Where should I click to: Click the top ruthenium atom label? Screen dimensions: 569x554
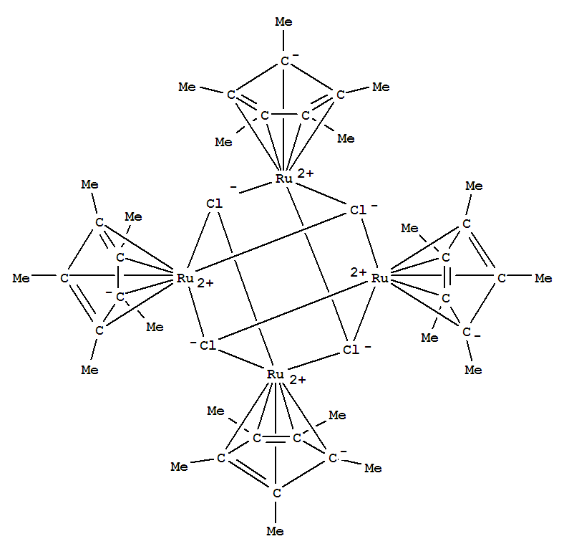pyautogui.click(x=283, y=178)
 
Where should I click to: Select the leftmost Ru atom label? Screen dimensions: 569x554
pyautogui.click(x=185, y=278)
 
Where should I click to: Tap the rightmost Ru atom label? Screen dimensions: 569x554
pyautogui.click(x=380, y=278)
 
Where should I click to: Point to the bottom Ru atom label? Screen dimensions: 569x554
pyautogui.click(x=275, y=374)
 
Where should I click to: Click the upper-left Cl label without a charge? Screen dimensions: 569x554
pyautogui.click(x=214, y=204)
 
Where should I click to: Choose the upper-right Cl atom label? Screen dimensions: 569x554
pyautogui.click(x=358, y=210)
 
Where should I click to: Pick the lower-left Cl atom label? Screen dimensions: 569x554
pyautogui.click(x=208, y=345)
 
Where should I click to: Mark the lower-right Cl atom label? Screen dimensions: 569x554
pyautogui.click(x=351, y=350)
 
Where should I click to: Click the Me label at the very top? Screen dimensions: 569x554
pyautogui.click(x=283, y=22)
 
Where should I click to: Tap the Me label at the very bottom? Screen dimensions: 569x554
pyautogui.click(x=275, y=531)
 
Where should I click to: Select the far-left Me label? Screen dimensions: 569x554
pyautogui.click(x=21, y=278)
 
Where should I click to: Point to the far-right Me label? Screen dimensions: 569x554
pyautogui.click(x=543, y=278)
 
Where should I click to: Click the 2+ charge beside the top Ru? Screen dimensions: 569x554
pyautogui.click(x=305, y=173)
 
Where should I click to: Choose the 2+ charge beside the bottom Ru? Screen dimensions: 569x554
pyautogui.click(x=298, y=380)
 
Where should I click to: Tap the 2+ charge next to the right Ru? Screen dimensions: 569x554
pyautogui.click(x=359, y=272)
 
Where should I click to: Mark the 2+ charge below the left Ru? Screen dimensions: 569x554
pyautogui.click(x=205, y=283)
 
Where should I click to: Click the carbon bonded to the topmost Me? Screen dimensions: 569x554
pyautogui.click(x=285, y=61)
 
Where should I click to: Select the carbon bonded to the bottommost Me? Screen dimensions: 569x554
pyautogui.click(x=276, y=493)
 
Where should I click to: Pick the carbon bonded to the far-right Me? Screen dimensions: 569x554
pyautogui.click(x=502, y=278)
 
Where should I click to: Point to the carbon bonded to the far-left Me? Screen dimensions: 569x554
pyautogui.click(x=64, y=278)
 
